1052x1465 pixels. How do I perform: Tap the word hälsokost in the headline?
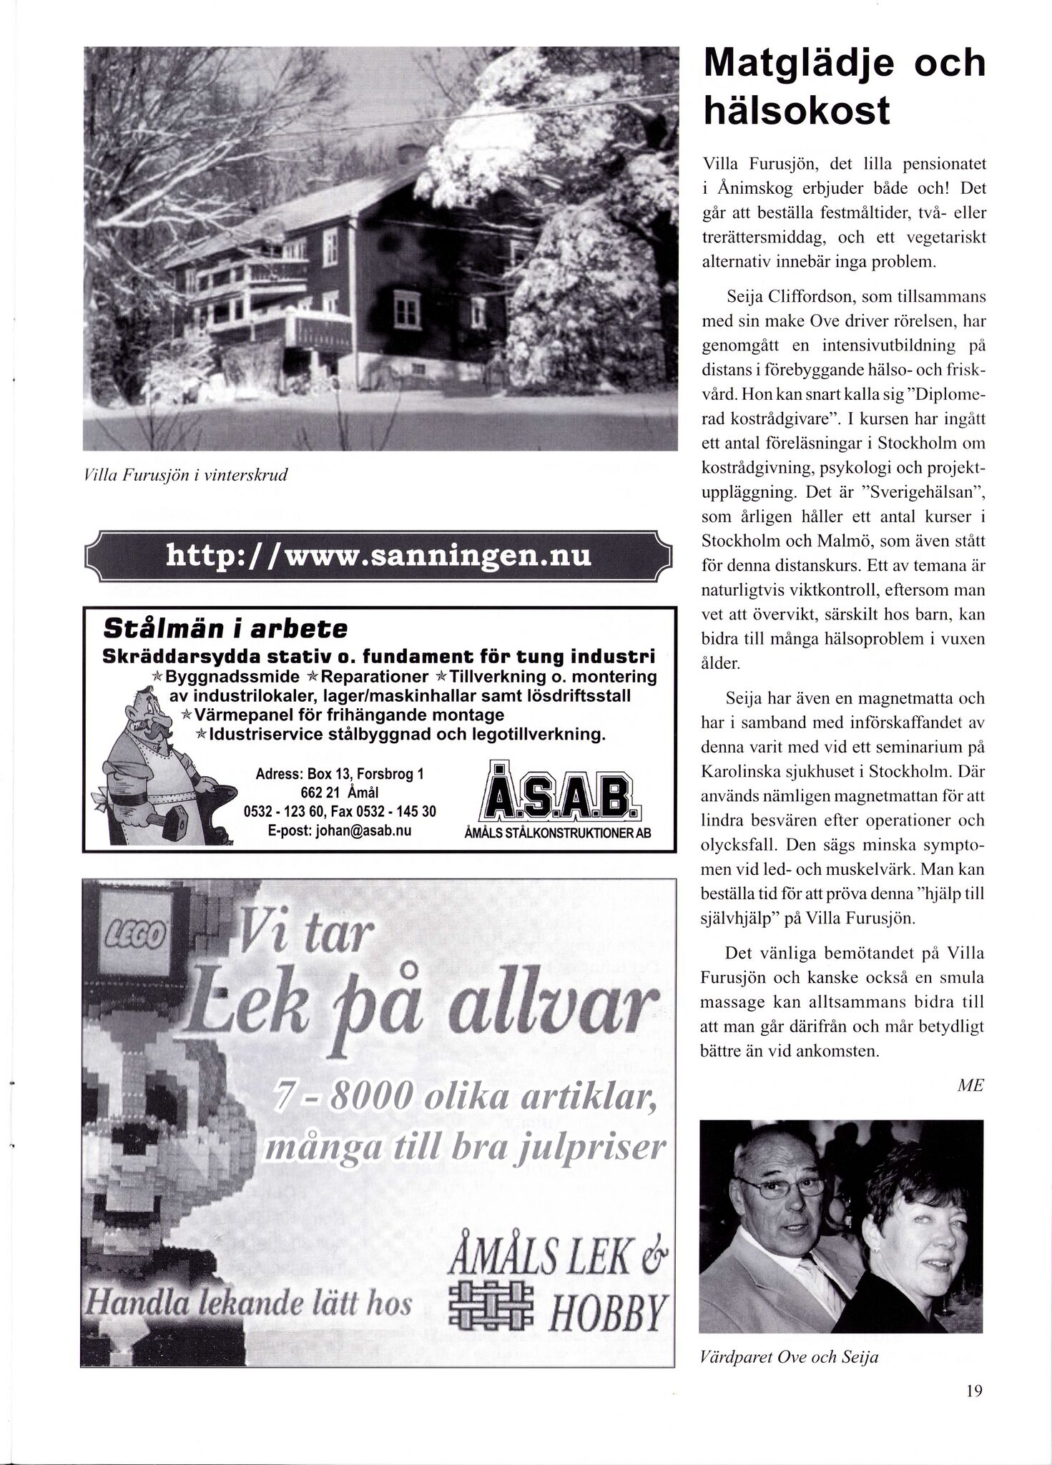pos(797,111)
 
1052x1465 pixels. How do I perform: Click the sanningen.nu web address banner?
pos(378,555)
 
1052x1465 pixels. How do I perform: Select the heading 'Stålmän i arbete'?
pos(225,629)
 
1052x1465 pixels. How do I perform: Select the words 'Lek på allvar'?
pos(415,1005)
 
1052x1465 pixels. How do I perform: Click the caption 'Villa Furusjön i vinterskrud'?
pos(185,476)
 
